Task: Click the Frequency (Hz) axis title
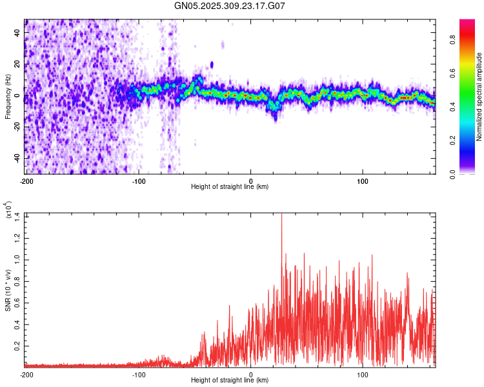(x=8, y=97)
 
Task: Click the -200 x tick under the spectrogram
(x=26, y=180)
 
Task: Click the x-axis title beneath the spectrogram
(x=230, y=186)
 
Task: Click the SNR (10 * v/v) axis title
(x=8, y=290)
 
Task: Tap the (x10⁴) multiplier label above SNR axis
(x=8, y=210)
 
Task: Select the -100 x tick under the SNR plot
(x=139, y=373)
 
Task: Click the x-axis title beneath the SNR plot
(x=230, y=380)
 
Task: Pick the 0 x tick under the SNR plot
(x=251, y=373)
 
